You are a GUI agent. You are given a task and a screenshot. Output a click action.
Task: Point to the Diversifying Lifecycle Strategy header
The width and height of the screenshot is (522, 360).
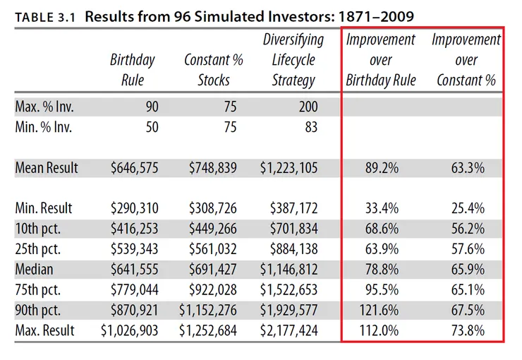click(x=293, y=60)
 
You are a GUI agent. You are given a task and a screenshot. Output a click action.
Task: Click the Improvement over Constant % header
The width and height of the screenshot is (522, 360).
click(x=466, y=60)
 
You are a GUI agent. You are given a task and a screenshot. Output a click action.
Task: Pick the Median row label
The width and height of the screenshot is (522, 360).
click(x=34, y=270)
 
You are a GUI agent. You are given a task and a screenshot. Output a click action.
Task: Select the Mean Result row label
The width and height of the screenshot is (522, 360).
click(x=47, y=168)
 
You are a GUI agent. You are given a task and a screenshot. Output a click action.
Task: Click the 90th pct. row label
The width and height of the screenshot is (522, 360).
click(x=41, y=310)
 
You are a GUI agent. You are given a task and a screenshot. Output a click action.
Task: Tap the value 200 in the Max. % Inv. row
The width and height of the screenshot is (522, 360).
click(x=307, y=107)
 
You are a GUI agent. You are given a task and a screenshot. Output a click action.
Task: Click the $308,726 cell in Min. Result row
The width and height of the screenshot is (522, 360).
click(x=212, y=208)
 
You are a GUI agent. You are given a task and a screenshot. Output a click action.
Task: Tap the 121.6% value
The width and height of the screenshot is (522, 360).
click(x=380, y=310)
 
